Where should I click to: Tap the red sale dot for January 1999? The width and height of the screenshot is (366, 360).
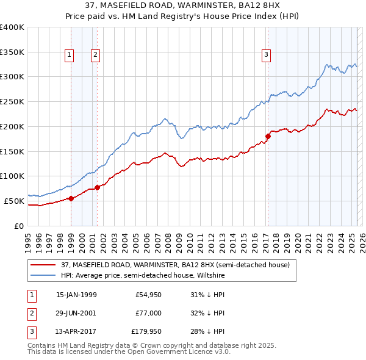click(x=71, y=198)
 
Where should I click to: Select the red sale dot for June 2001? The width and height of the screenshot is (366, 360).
click(x=97, y=187)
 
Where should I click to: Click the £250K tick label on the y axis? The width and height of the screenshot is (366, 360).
click(x=12, y=101)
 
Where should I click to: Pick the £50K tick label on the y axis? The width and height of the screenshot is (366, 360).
click(x=15, y=201)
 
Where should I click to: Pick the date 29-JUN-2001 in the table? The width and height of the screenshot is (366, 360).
click(x=76, y=313)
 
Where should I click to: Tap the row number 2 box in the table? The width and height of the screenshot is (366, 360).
click(x=30, y=313)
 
